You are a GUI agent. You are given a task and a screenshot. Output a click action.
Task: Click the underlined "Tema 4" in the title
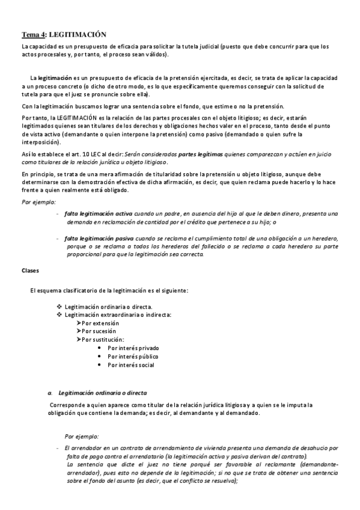pyautogui.click(x=33, y=35)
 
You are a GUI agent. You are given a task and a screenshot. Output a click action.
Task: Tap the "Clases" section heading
pyautogui.click(x=30, y=271)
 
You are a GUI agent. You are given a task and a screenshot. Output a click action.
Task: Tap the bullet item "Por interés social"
pyautogui.click(x=131, y=364)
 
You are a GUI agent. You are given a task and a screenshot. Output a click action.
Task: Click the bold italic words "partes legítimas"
pyautogui.click(x=201, y=155)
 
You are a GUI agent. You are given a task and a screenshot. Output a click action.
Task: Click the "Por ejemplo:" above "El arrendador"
pyautogui.click(x=82, y=437)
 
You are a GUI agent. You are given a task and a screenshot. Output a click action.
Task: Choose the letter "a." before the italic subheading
pyautogui.click(x=50, y=393)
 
